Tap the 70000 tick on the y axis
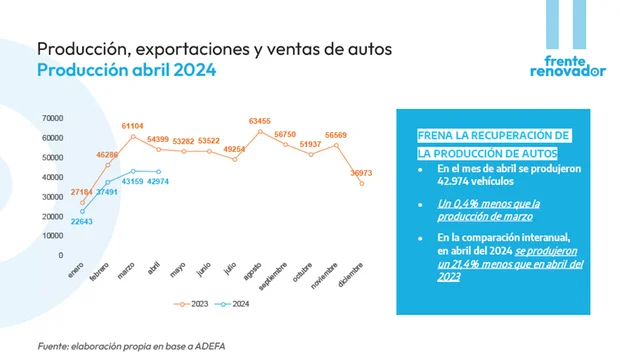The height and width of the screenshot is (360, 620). (x=52, y=118)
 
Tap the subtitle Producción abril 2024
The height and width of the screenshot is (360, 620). (x=126, y=71)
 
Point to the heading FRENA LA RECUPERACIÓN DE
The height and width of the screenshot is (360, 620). (x=494, y=135)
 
